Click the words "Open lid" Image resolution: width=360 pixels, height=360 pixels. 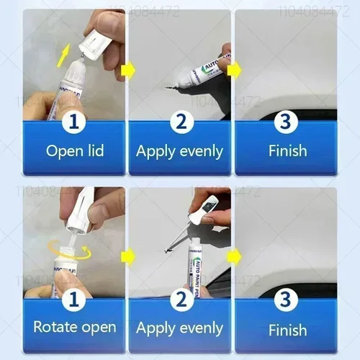tap(75, 151)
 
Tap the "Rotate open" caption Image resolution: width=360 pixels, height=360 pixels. tap(75, 328)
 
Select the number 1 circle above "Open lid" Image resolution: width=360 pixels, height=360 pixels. tap(73, 122)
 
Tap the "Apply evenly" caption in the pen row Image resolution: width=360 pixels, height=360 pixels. tap(180, 151)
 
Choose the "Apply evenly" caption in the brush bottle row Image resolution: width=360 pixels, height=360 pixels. tap(180, 328)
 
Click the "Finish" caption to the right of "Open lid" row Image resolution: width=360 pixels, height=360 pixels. tap(287, 151)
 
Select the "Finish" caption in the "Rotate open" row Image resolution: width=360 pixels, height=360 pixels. tap(287, 330)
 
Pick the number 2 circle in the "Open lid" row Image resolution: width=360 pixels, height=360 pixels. tap(181, 122)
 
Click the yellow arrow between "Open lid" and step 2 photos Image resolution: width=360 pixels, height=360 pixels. tap(128, 70)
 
